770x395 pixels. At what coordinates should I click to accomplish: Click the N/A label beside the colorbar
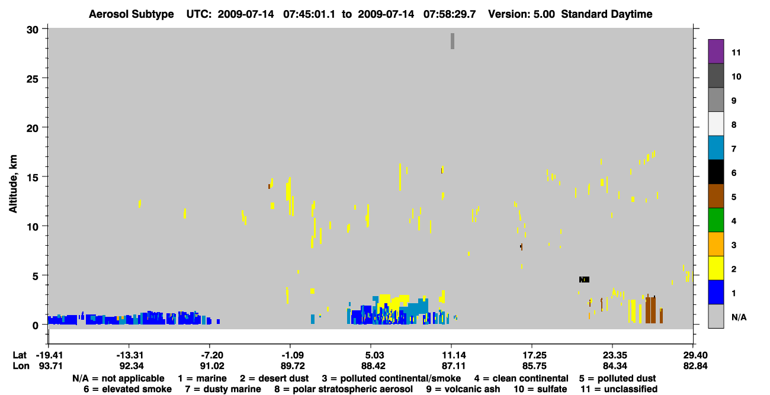point(739,317)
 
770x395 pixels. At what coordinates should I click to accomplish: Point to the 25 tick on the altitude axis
point(33,79)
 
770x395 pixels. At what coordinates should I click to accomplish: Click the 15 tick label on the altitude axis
point(33,178)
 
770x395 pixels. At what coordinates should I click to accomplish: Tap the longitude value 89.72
point(293,366)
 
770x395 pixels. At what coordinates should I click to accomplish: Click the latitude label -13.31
point(130,355)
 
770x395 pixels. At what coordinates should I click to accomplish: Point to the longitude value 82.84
point(695,366)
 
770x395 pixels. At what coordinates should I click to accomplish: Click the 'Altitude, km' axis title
point(12,184)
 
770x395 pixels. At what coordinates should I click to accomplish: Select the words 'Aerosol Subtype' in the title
point(131,14)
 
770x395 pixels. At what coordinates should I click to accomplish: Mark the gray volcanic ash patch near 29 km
point(453,41)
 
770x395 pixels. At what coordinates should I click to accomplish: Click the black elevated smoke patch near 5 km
point(584,280)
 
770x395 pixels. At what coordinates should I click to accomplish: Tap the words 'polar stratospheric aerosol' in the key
point(352,389)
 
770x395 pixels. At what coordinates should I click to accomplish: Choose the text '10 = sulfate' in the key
point(540,389)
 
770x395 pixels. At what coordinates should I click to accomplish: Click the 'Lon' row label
point(21,366)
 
